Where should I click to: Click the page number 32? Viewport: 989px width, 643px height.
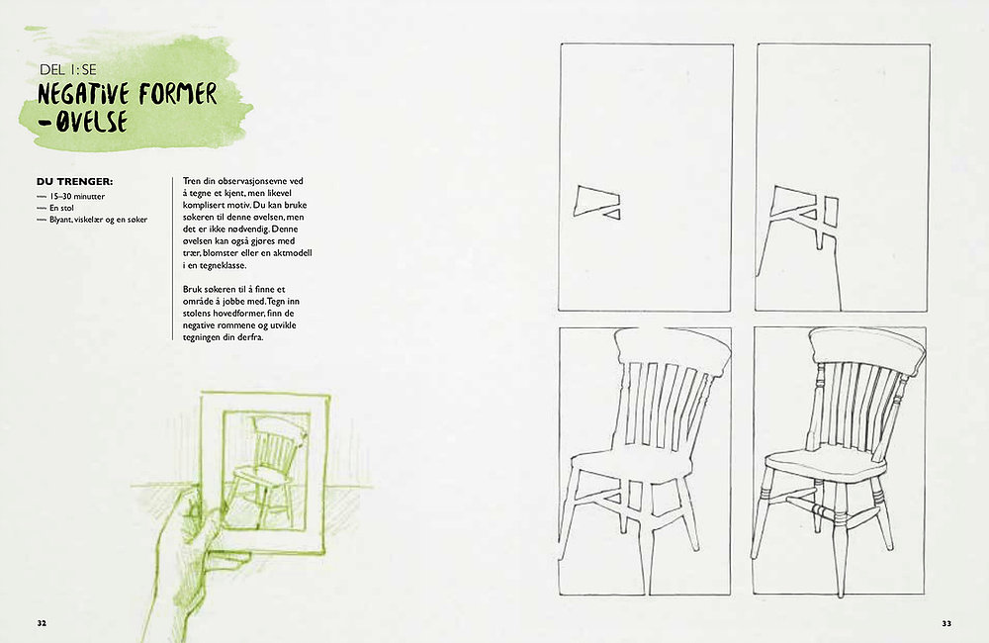click(x=42, y=623)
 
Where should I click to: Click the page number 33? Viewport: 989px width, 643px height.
click(x=946, y=623)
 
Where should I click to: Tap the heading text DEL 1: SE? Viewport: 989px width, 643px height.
click(x=68, y=69)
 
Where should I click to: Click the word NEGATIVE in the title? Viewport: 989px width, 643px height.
click(x=83, y=94)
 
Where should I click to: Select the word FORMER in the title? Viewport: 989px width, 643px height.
click(x=178, y=93)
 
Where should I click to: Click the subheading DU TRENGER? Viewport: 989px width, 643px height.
click(x=74, y=182)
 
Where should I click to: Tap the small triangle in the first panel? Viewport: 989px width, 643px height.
click(x=612, y=215)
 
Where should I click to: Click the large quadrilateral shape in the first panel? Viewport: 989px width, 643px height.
click(x=592, y=200)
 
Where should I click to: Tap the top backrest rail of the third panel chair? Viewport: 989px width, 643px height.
click(x=673, y=350)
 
